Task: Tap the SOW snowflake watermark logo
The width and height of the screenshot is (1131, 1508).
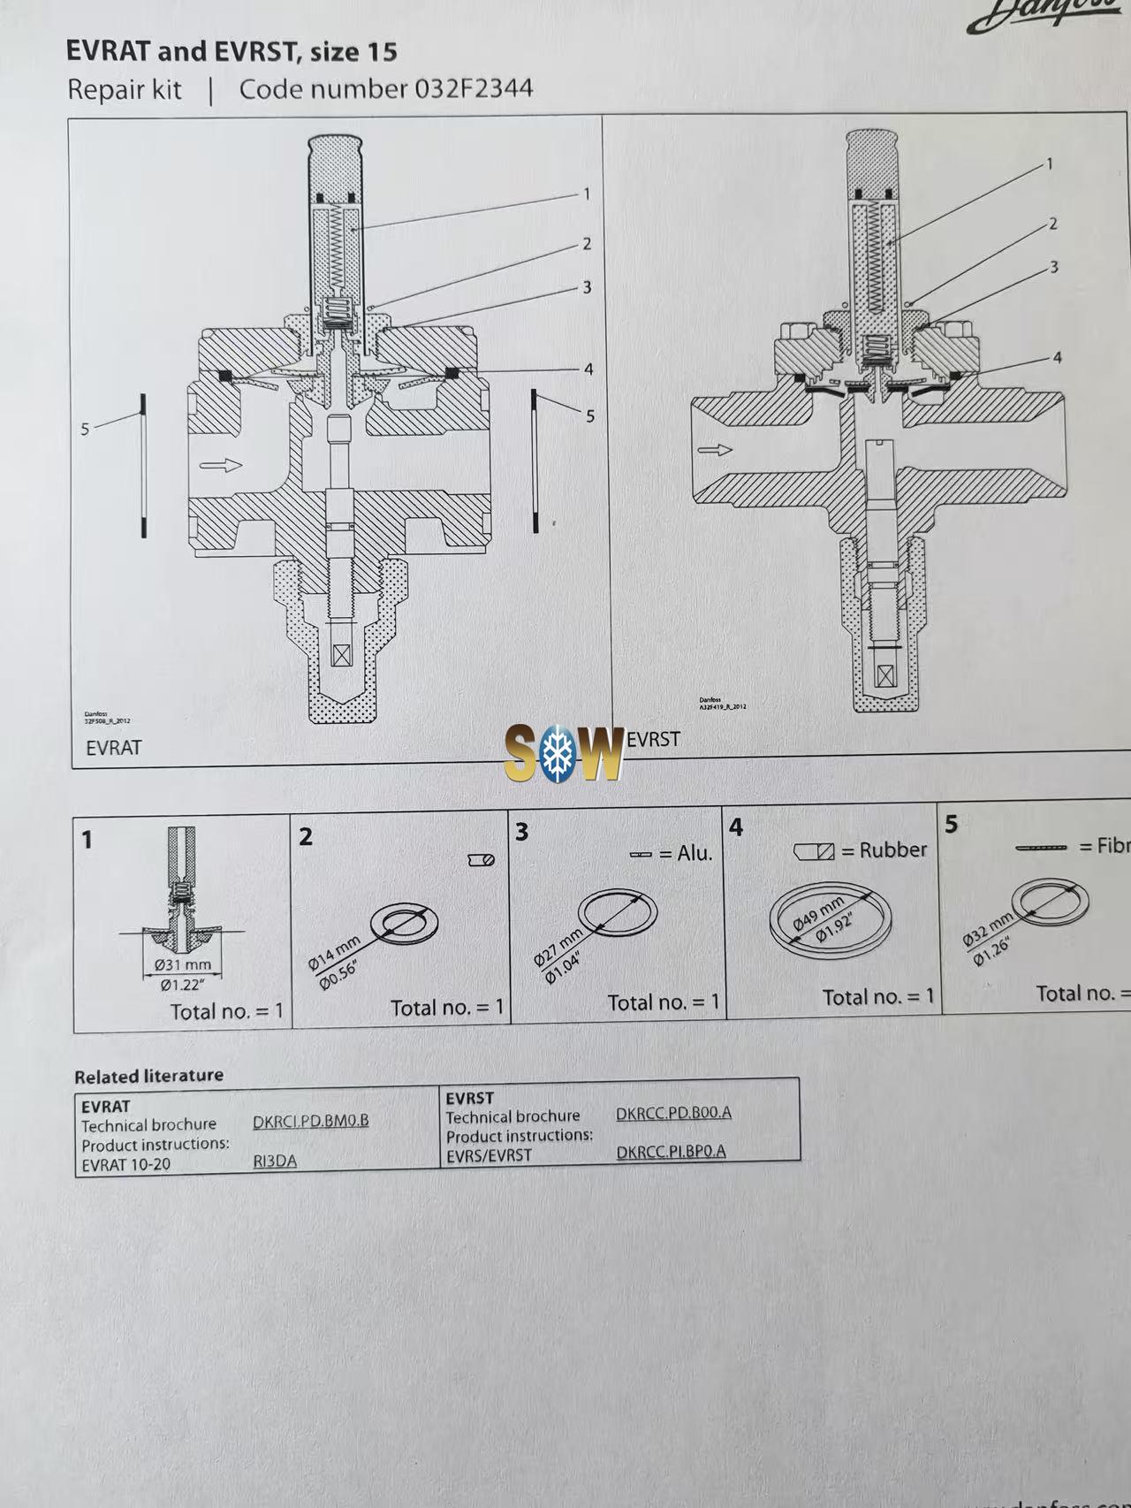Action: point(564,752)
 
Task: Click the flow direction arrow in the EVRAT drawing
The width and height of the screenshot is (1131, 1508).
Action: point(220,465)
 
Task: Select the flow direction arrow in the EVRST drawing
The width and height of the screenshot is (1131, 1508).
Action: point(715,450)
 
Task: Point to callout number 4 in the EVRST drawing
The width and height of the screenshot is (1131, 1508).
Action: point(1057,358)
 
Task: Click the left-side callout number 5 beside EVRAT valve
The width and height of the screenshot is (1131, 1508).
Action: point(85,429)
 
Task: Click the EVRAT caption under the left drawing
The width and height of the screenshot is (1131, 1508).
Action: point(113,748)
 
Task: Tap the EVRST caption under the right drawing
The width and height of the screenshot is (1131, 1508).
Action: point(654,739)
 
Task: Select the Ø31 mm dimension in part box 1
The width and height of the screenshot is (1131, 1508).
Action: point(183,964)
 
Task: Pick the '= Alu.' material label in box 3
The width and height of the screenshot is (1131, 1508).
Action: point(685,853)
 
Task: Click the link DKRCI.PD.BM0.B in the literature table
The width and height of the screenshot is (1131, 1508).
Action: point(311,1121)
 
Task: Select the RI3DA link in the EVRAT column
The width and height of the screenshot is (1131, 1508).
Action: point(275,1161)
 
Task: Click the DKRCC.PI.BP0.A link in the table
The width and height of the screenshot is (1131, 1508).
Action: point(671,1151)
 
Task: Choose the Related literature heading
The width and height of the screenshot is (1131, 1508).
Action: point(148,1076)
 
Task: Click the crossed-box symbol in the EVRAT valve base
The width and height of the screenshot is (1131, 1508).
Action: point(340,655)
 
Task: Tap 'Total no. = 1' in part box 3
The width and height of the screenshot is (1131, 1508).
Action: point(663,1002)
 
